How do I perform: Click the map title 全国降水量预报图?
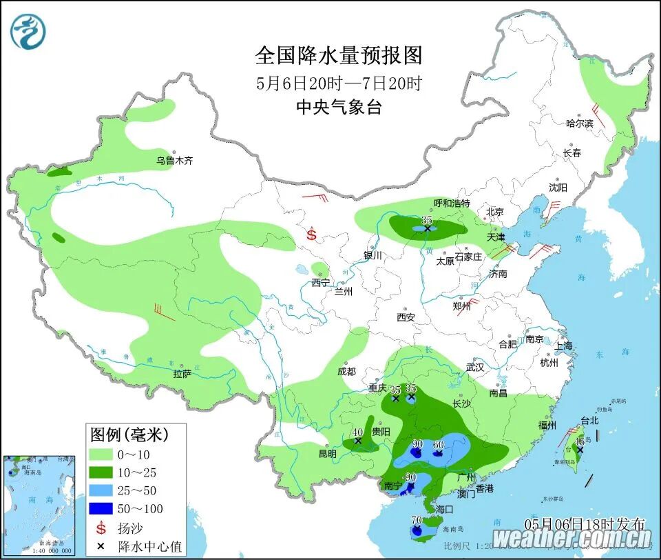pyautogui.click(x=338, y=55)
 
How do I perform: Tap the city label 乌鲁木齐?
pyautogui.click(x=174, y=161)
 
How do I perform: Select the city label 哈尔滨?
pyautogui.click(x=579, y=123)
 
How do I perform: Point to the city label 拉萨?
pyautogui.click(x=182, y=374)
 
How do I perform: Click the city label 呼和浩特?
pyautogui.click(x=452, y=203)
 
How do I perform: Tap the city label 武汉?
pyautogui.click(x=475, y=368)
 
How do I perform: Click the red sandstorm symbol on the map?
pyautogui.click(x=311, y=234)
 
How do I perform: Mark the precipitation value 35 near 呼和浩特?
pyautogui.click(x=427, y=219)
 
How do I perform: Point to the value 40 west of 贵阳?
pyautogui.click(x=357, y=432)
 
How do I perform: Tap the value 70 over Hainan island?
pyautogui.click(x=416, y=521)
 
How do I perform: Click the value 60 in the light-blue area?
pyautogui.click(x=437, y=444)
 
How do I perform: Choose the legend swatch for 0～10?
pyautogui.click(x=101, y=454)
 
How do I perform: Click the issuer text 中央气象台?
pyautogui.click(x=338, y=107)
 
